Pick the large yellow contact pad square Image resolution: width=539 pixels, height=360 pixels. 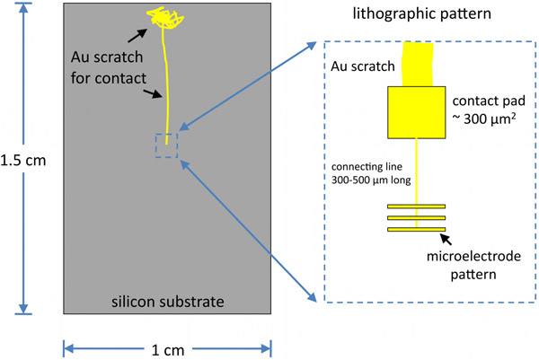[416, 112]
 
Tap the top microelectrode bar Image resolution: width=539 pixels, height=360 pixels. [417, 206]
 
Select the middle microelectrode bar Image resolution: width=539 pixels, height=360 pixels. [417, 218]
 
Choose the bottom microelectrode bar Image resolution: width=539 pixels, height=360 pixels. [417, 231]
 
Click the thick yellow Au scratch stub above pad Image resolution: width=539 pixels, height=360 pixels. [417, 64]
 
